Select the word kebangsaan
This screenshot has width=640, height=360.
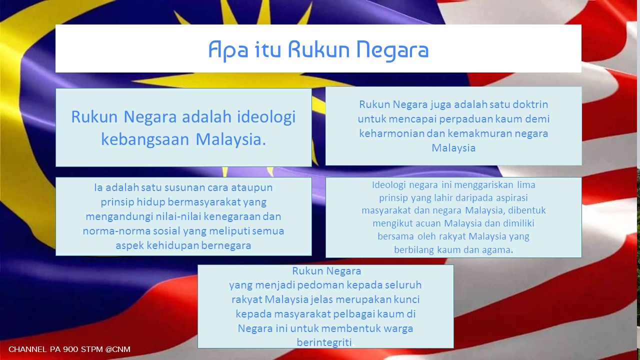click(x=145, y=140)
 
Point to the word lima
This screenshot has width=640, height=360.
click(x=526, y=185)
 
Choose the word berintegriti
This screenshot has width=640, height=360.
click(x=324, y=342)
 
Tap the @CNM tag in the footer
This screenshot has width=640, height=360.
click(x=117, y=349)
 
